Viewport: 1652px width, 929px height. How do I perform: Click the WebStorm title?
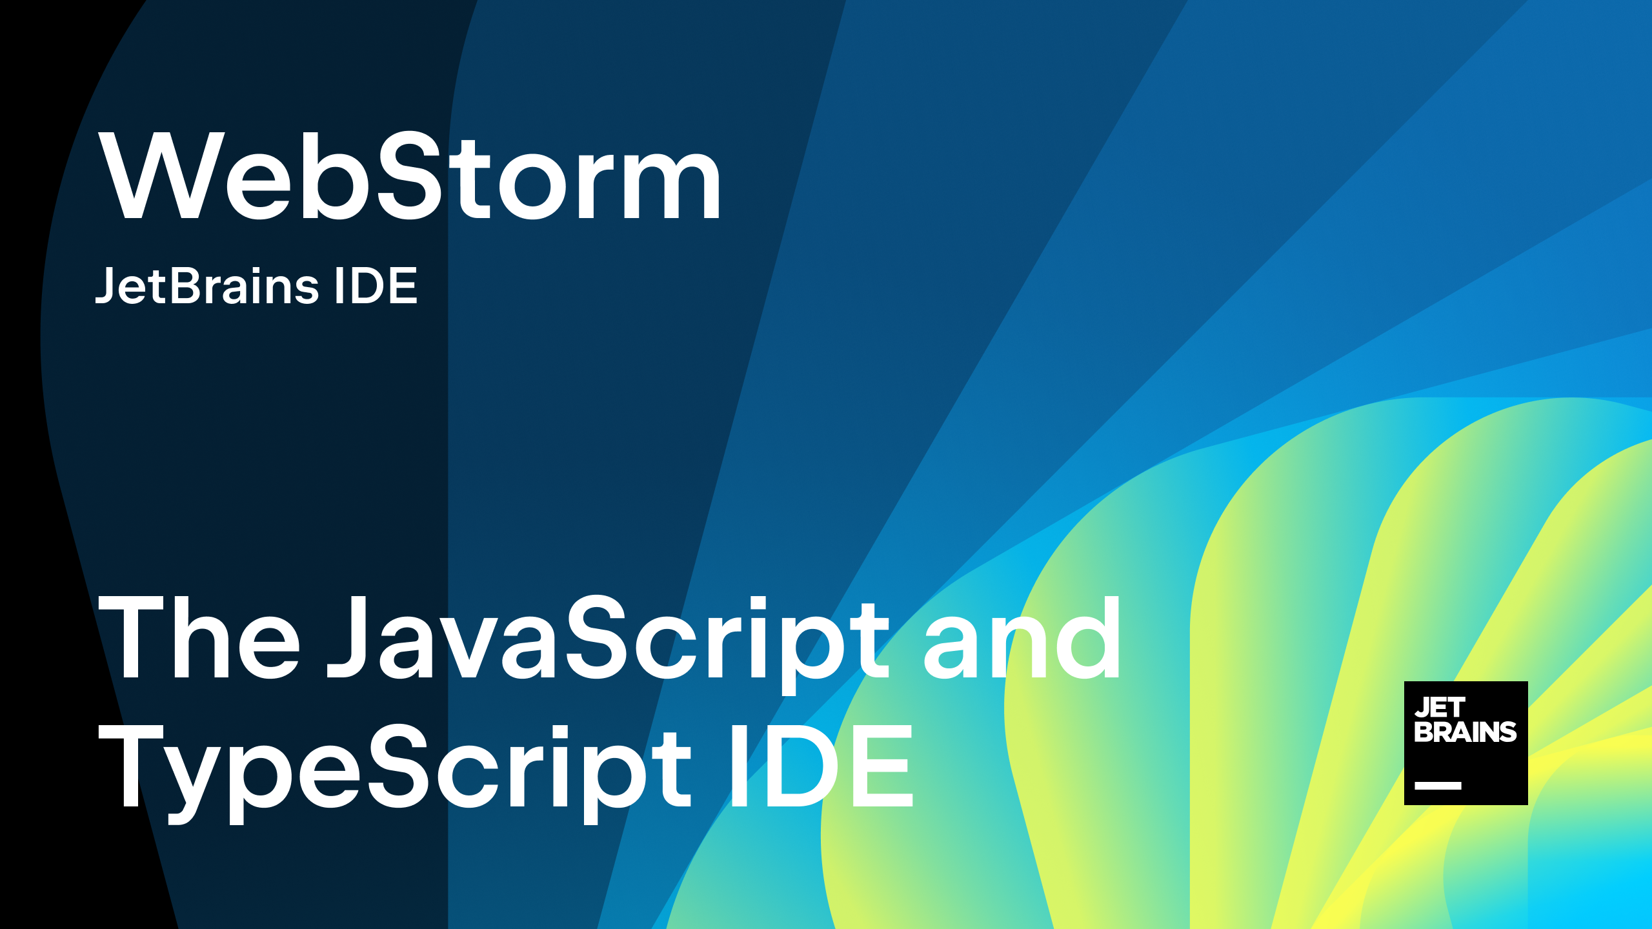click(409, 175)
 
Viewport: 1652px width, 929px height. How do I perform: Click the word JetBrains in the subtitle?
click(206, 285)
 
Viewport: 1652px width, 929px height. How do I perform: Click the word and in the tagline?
click(1022, 639)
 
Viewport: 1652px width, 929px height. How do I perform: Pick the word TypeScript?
click(394, 768)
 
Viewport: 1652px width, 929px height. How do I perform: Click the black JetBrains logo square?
click(1466, 743)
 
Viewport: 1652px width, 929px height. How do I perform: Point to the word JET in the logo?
click(1440, 708)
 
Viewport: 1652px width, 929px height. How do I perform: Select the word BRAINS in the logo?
click(1465, 732)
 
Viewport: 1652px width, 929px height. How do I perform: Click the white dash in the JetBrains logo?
click(1438, 785)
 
